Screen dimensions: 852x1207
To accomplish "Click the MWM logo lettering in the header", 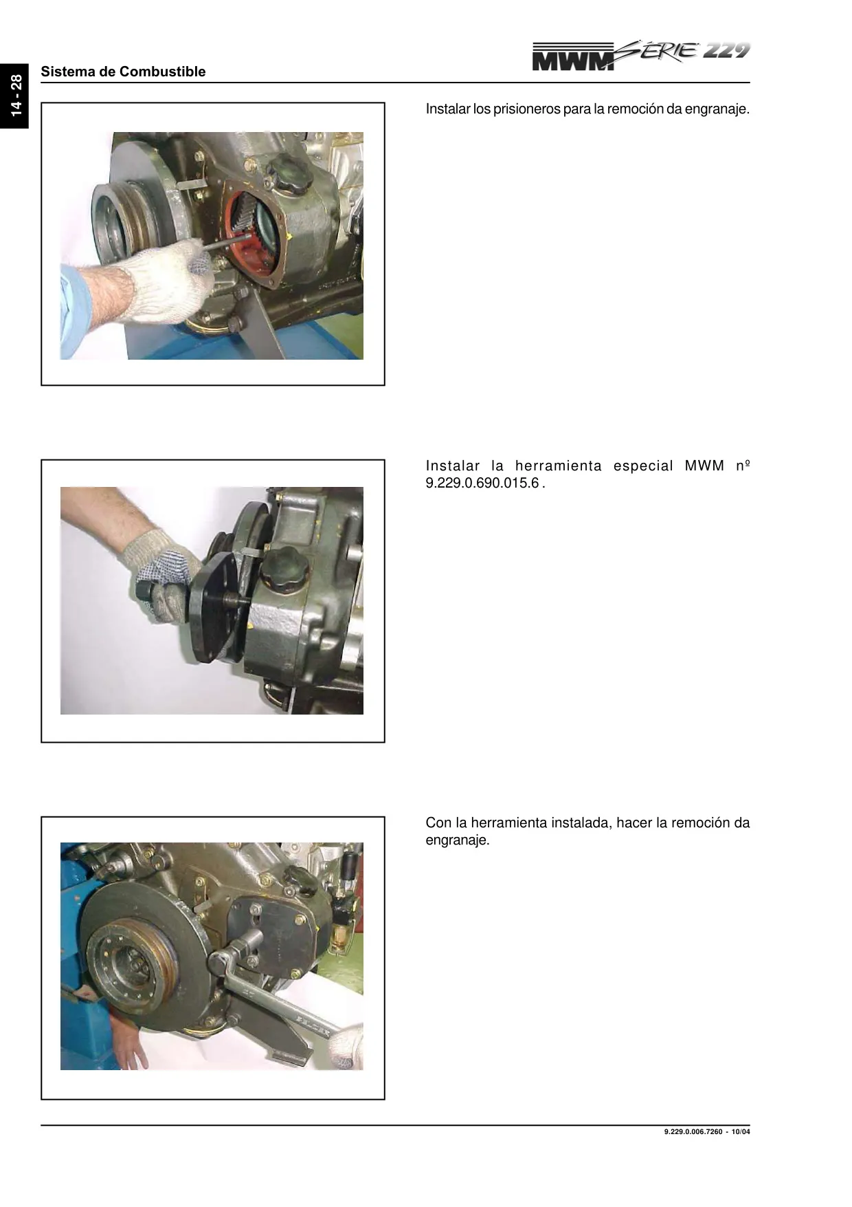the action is coord(574,58).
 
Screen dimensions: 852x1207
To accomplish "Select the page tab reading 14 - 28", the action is coord(15,95).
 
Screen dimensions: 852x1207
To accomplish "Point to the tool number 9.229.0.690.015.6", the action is coord(482,483).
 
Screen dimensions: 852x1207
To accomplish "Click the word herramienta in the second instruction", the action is coord(558,466).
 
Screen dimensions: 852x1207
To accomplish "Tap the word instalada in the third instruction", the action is coord(581,823).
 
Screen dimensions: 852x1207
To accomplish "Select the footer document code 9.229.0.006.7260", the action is coord(693,1132).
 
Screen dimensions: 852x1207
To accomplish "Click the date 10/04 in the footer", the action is coord(741,1132).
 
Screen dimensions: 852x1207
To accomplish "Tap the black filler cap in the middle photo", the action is coord(281,568).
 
